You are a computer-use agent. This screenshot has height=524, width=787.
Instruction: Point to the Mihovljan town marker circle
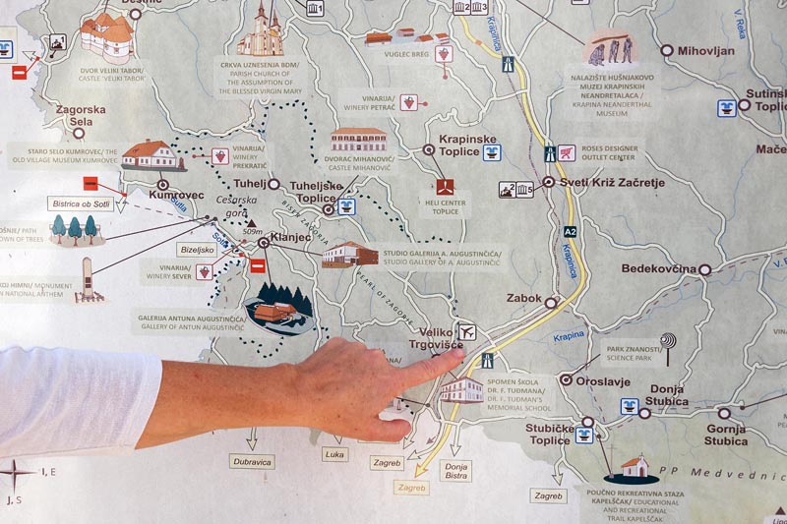(667, 50)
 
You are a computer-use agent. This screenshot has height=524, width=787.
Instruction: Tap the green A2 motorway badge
(571, 232)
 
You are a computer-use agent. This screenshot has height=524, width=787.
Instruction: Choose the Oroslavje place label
(603, 378)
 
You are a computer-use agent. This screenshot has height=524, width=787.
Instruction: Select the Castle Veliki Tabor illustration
(105, 36)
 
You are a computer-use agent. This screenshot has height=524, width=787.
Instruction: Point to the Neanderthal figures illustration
(608, 46)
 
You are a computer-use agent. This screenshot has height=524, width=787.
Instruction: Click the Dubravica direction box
(251, 460)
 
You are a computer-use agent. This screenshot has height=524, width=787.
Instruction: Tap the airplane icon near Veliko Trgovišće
(467, 332)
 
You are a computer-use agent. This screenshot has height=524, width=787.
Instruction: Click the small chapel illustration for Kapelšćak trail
(635, 465)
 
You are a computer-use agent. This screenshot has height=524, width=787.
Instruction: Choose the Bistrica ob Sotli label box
(81, 204)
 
